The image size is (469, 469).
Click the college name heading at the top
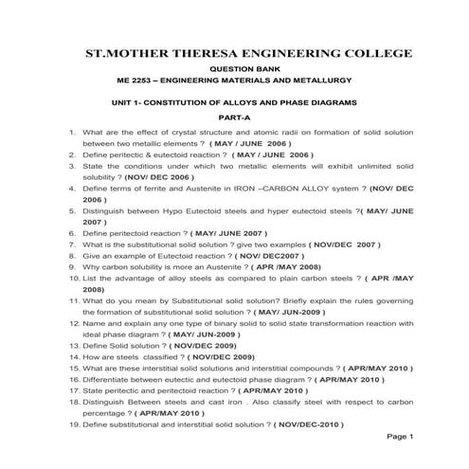point(235,53)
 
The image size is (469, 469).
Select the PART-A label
point(235,117)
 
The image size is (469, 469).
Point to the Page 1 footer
point(401,438)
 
